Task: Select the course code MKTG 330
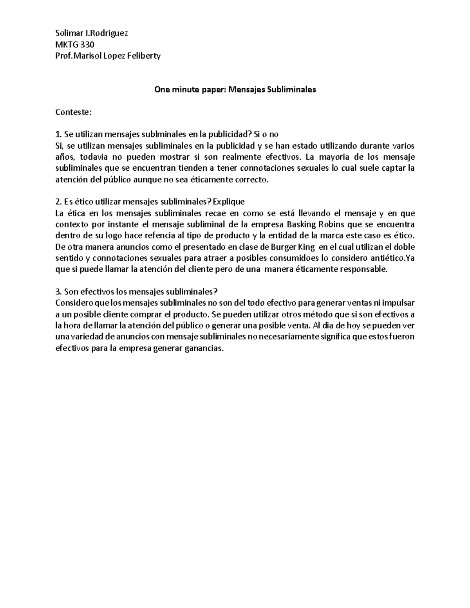tap(74, 45)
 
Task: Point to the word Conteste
tap(73, 112)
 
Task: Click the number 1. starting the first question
tap(58, 135)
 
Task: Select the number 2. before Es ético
tap(58, 202)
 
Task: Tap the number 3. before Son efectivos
tap(58, 292)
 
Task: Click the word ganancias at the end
tap(204, 349)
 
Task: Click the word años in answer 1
tap(64, 157)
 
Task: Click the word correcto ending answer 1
tap(252, 180)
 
